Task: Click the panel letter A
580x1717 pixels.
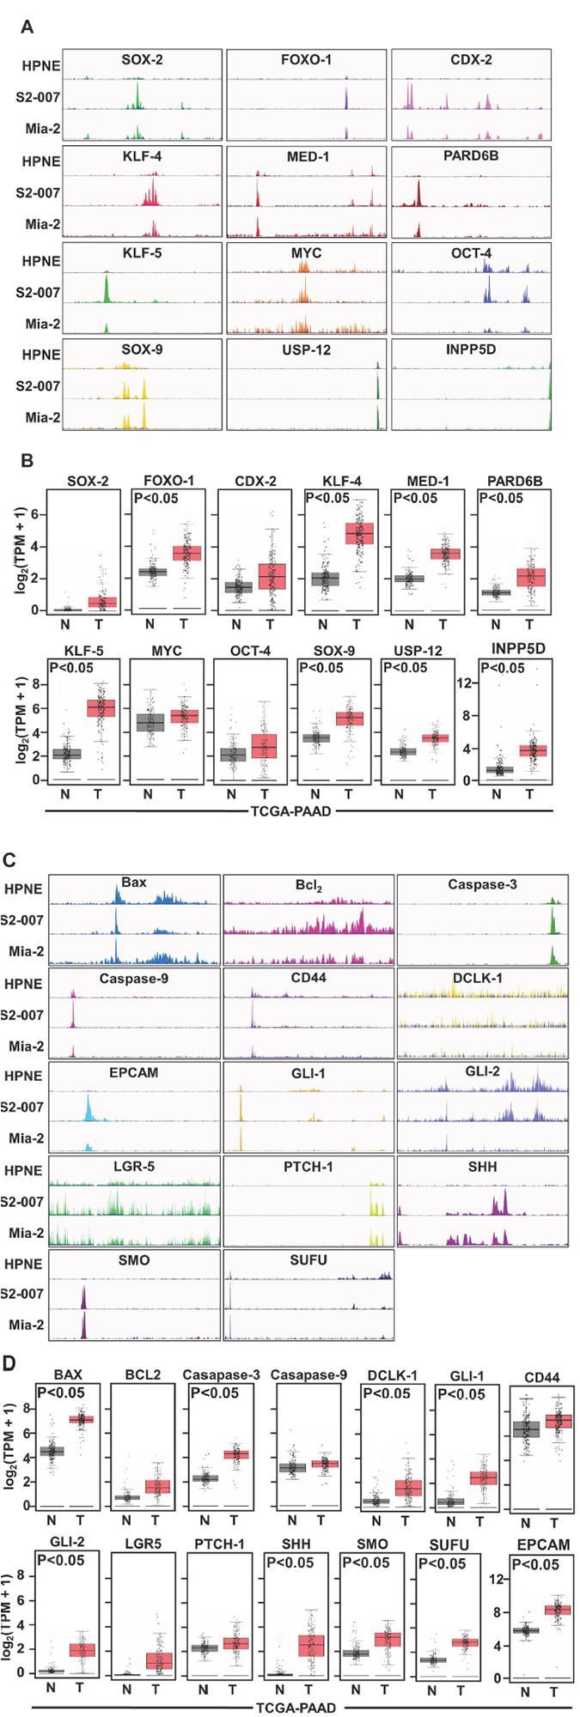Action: [27, 27]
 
